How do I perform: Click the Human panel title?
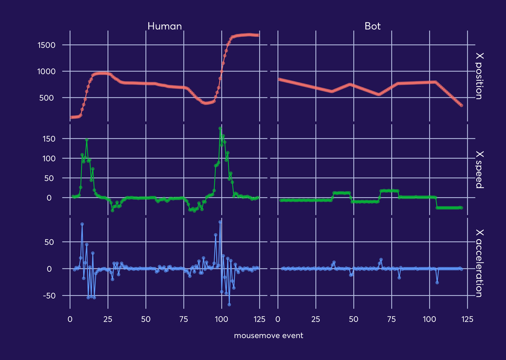[164, 26]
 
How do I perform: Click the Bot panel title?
[373, 26]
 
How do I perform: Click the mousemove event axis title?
[269, 336]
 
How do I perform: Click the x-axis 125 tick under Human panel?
[259, 320]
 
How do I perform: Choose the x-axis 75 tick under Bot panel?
[392, 320]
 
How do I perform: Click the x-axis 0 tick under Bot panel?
[278, 320]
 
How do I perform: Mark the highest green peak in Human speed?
[220, 128]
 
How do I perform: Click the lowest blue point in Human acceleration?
[229, 304]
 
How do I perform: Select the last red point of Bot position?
[461, 105]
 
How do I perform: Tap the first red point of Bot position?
[280, 79]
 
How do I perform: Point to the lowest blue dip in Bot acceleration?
[437, 283]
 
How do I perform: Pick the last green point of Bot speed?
[461, 208]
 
